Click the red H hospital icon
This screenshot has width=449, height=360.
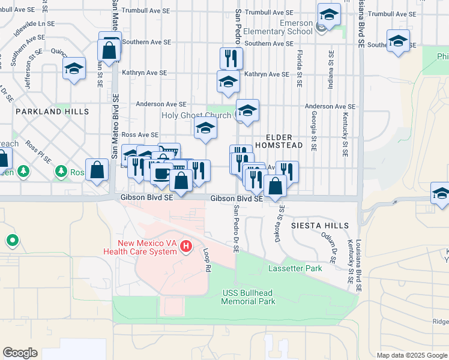click(x=186, y=246)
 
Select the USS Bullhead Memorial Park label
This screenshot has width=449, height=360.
click(x=248, y=297)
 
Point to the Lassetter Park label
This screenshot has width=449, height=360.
click(x=295, y=268)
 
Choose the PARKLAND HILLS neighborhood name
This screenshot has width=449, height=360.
click(x=52, y=112)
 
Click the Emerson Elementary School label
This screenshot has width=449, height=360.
click(x=288, y=27)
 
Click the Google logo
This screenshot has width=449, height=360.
click(x=20, y=353)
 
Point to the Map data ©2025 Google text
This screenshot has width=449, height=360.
click(x=411, y=355)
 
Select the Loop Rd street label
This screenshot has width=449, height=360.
click(x=208, y=261)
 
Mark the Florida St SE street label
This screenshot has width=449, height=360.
click(x=298, y=67)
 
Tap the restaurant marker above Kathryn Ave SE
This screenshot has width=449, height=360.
click(x=231, y=58)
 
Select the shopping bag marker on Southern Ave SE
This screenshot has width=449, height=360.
click(x=109, y=50)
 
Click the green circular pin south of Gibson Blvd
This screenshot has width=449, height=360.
click(x=12, y=241)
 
